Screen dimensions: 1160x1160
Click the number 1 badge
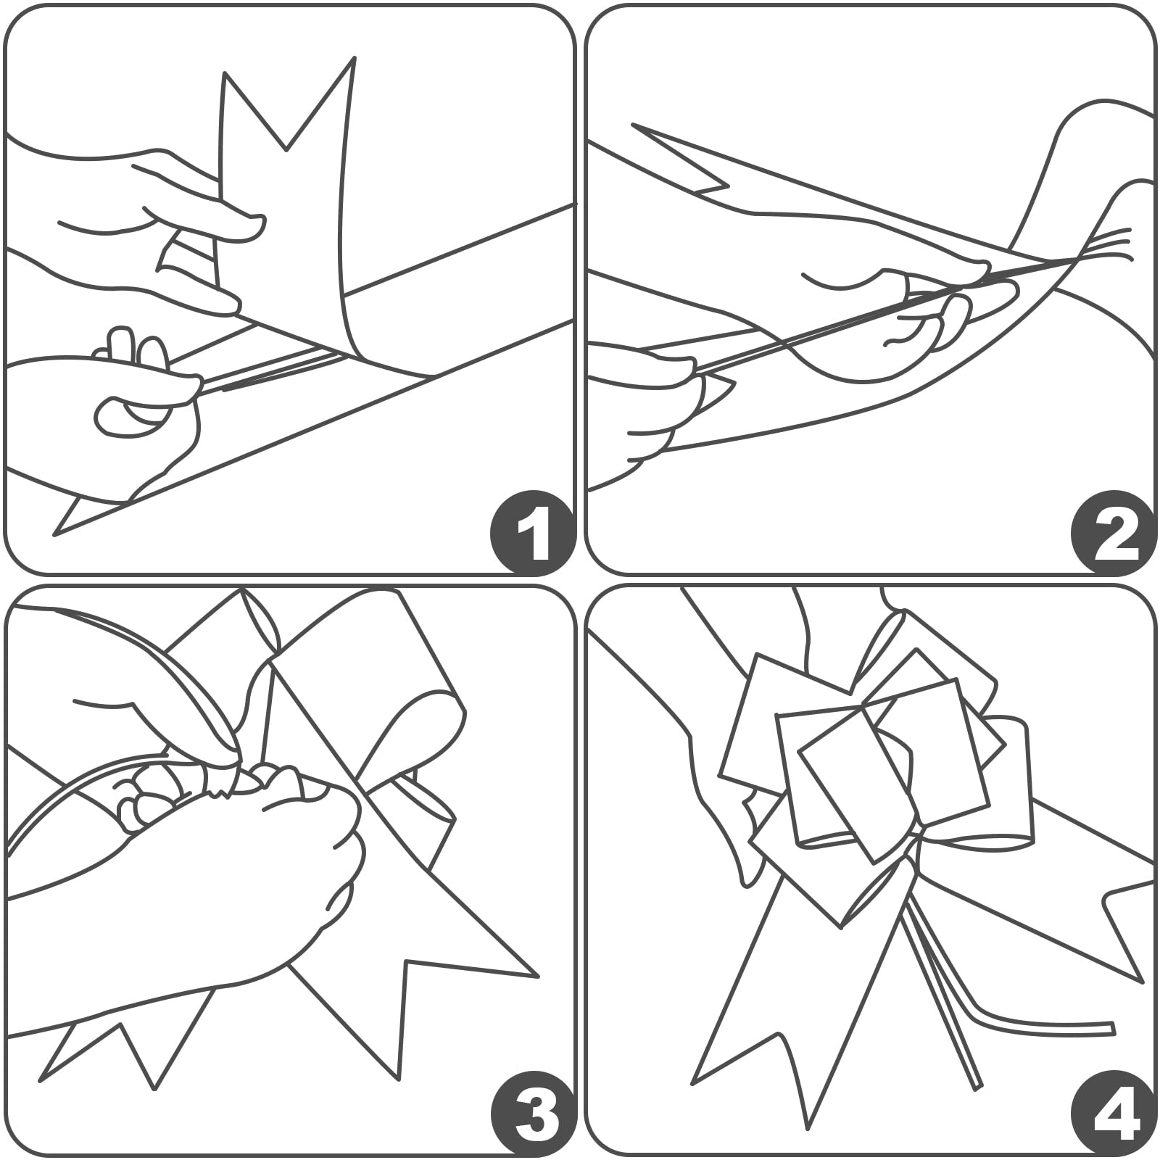532,536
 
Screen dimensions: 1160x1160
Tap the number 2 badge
1112,536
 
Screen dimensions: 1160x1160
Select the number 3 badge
532,1116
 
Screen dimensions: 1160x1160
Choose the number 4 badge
1112,1116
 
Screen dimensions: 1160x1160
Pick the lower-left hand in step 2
652,406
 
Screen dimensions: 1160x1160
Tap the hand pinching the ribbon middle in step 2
913,304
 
